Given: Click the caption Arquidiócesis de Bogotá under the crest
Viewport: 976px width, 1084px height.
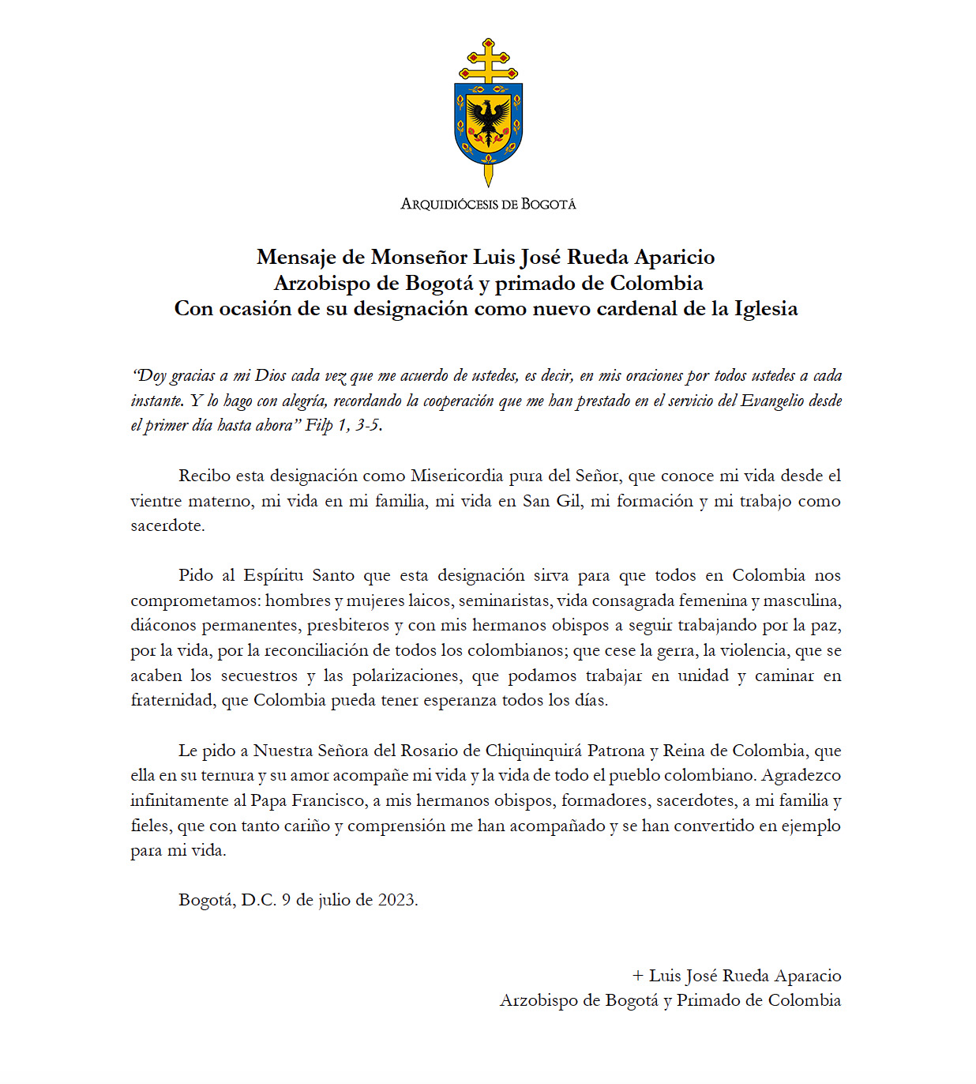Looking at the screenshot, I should pyautogui.click(x=488, y=204).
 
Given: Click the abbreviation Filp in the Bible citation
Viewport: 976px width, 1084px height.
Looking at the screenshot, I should pyautogui.click(x=319, y=425).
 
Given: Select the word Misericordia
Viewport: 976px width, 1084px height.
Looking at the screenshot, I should pyautogui.click(x=456, y=476).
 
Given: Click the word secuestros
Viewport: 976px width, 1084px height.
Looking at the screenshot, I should pyautogui.click(x=259, y=676).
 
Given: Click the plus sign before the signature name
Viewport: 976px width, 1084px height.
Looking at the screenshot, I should pyautogui.click(x=638, y=977).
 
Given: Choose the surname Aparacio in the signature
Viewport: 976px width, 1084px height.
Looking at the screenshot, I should pyautogui.click(x=807, y=977).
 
